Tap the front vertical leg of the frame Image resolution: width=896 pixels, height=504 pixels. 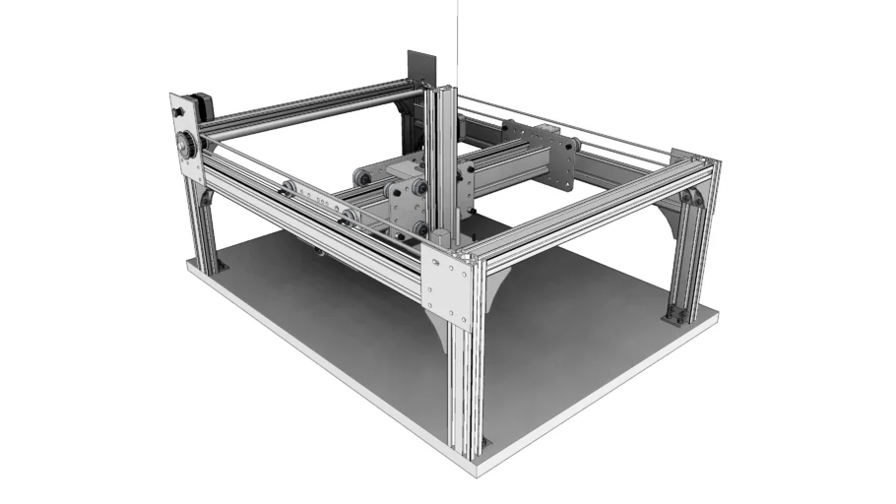click(x=461, y=394)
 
